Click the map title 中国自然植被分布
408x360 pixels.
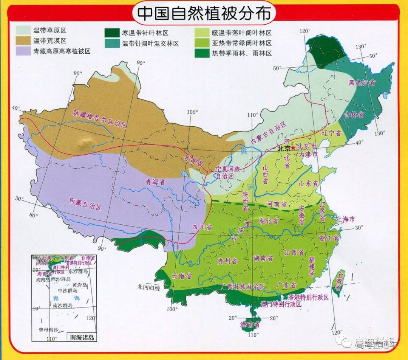(x=204, y=13)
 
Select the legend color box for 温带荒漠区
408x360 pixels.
(x=23, y=41)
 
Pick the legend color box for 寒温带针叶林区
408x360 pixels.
(x=111, y=33)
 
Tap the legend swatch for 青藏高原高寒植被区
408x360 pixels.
(x=23, y=51)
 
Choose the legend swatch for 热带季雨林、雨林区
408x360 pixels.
(x=201, y=54)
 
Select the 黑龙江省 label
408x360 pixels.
(x=362, y=82)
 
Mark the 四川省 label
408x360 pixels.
(x=202, y=227)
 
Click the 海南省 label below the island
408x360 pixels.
(x=250, y=324)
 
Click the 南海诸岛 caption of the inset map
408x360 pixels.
(x=81, y=337)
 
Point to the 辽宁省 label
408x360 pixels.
(x=331, y=133)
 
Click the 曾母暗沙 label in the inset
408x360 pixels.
(x=49, y=330)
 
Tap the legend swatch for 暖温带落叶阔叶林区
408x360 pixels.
(x=201, y=33)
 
